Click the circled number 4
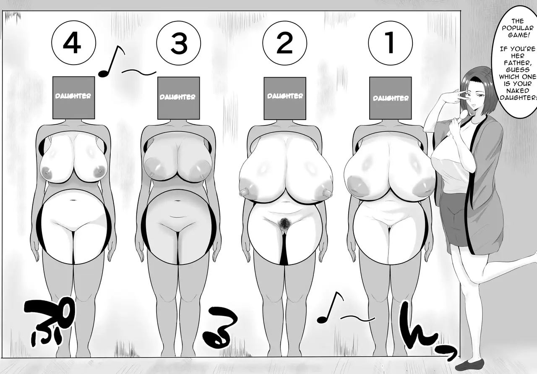tap(73, 43)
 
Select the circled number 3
tap(179, 43)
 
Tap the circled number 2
tap(284, 43)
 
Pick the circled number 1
tap(391, 43)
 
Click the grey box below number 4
tap(73, 98)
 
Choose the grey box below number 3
tap(179, 98)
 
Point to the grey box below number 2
tap(285, 98)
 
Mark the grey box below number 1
tap(391, 98)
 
